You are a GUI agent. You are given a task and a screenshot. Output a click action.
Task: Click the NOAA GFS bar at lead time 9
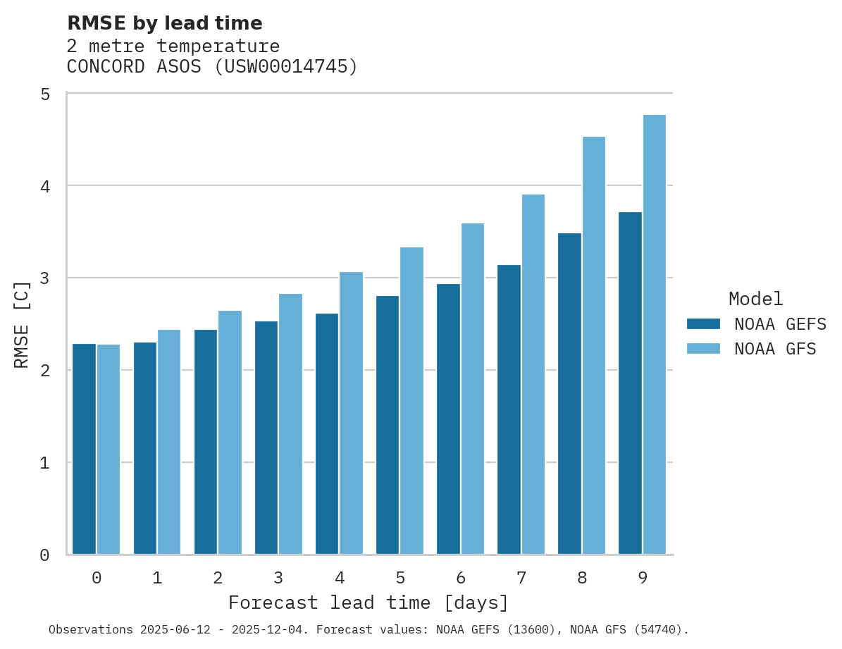click(655, 335)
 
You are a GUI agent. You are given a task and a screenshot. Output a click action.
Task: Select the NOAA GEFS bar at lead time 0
click(84, 449)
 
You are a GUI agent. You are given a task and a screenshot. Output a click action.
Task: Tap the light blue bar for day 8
click(594, 345)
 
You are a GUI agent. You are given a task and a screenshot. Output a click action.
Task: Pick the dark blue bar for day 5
click(388, 425)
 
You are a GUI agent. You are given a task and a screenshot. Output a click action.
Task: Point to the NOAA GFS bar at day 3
click(290, 424)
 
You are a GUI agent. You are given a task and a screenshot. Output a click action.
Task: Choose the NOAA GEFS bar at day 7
click(509, 409)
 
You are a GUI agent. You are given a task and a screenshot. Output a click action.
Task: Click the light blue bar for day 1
click(169, 442)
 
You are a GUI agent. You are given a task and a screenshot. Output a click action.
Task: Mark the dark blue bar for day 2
click(206, 442)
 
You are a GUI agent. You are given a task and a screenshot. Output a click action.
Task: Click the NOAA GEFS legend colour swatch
click(703, 324)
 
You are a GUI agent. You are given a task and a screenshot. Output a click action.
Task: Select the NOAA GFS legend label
click(775, 349)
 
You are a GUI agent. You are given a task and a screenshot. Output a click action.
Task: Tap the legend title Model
click(755, 299)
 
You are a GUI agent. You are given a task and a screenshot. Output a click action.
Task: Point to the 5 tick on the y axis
click(45, 94)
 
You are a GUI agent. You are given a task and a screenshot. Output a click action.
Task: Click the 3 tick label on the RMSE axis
click(45, 278)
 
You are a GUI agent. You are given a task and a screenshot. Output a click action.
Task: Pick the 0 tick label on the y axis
click(45, 555)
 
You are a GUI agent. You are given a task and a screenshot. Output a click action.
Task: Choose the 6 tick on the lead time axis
click(461, 578)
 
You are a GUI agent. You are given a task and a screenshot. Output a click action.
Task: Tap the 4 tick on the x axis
click(340, 578)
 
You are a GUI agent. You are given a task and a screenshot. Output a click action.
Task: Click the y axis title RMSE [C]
click(23, 324)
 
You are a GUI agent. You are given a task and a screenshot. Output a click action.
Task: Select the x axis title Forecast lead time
click(368, 603)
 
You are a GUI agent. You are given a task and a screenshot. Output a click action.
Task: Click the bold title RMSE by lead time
click(164, 23)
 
